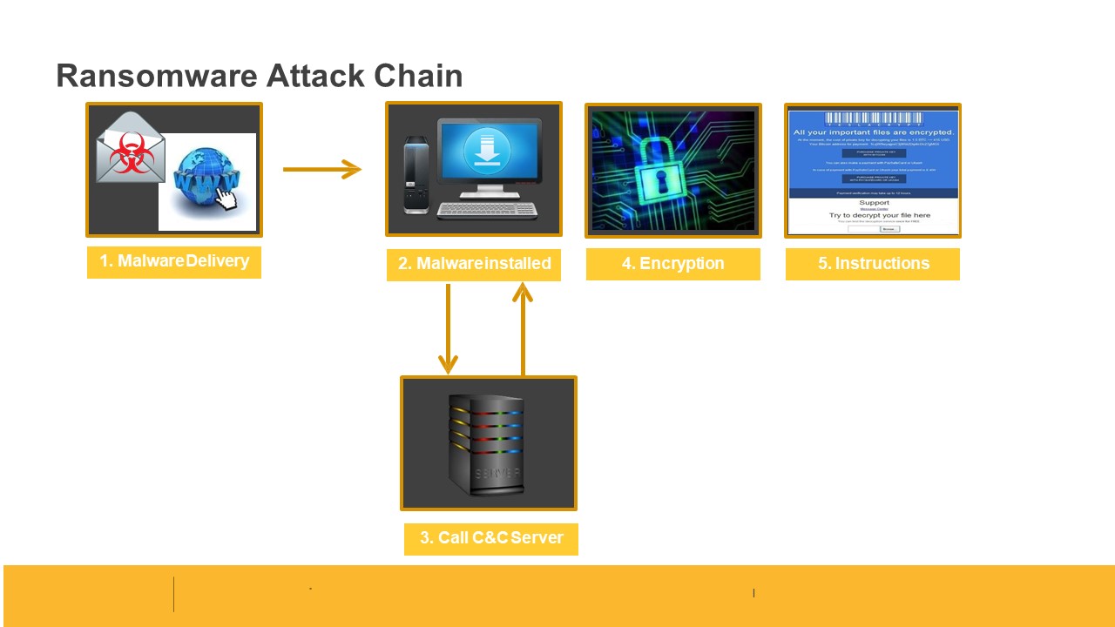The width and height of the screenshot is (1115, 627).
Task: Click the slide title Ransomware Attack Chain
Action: tap(259, 76)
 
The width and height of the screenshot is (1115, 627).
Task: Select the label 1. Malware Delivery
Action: tap(174, 261)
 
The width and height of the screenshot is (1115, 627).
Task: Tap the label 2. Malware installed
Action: tap(474, 264)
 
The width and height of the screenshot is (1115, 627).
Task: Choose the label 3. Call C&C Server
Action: tap(491, 538)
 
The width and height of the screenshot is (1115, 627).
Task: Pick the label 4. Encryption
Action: tap(672, 264)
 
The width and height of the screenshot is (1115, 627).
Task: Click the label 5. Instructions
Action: tap(873, 264)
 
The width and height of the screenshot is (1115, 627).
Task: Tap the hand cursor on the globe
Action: tap(226, 199)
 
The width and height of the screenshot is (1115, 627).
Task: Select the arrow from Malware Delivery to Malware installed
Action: tap(321, 169)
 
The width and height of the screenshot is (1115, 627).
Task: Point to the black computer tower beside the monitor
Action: tap(416, 174)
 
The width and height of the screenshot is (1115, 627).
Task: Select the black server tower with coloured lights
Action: tap(486, 444)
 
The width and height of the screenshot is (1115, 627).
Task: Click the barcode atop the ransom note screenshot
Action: tap(873, 118)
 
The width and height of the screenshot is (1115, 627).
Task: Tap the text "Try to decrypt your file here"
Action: tap(880, 215)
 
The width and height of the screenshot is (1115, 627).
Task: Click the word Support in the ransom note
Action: tap(875, 203)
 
